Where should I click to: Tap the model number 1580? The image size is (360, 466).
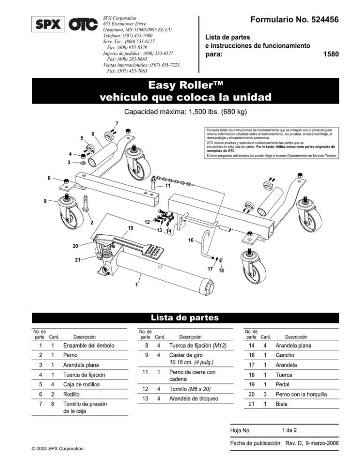click(331, 54)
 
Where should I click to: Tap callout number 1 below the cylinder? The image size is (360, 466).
click(136, 285)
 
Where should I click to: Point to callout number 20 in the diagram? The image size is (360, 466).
click(75, 246)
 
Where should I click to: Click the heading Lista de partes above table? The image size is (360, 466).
click(180, 317)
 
